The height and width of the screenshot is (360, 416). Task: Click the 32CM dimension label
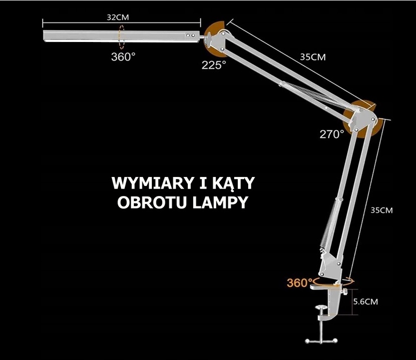pyautogui.click(x=118, y=16)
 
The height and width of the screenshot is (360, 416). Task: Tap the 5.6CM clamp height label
pyautogui.click(x=365, y=301)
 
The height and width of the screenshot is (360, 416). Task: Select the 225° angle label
pyautogui.click(x=214, y=65)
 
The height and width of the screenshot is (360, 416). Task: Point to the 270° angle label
pyautogui.click(x=332, y=134)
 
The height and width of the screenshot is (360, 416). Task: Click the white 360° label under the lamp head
pyautogui.click(x=123, y=56)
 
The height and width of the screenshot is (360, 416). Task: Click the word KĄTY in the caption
pyautogui.click(x=235, y=183)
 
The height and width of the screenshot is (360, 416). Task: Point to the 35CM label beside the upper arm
pyautogui.click(x=313, y=57)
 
